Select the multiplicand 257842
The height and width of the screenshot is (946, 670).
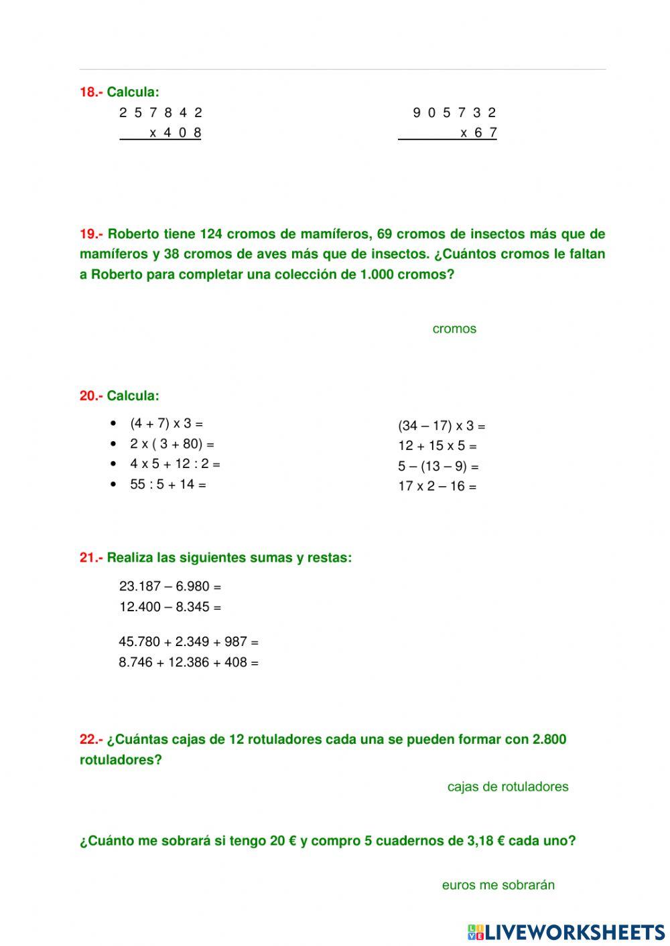click(x=161, y=112)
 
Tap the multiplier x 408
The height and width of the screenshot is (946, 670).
click(x=174, y=133)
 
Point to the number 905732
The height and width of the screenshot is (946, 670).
click(x=455, y=112)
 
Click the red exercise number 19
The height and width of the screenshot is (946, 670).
click(x=90, y=234)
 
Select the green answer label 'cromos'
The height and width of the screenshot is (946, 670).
click(x=454, y=329)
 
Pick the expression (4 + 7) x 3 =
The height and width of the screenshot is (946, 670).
click(x=166, y=423)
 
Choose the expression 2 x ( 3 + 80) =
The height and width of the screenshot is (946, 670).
click(x=172, y=444)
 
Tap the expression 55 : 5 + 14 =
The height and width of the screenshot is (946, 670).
click(x=167, y=484)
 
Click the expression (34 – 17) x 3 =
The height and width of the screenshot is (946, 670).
click(x=442, y=426)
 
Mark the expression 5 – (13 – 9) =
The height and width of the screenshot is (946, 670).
click(x=438, y=466)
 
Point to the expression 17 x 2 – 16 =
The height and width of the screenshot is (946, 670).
click(x=437, y=486)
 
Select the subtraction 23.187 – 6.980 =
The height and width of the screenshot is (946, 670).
click(x=170, y=586)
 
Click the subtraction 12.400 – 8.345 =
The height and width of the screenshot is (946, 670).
click(x=170, y=607)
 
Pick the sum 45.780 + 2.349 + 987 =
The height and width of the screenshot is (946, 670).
click(x=188, y=642)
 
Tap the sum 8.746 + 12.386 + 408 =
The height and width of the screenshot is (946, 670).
click(x=188, y=663)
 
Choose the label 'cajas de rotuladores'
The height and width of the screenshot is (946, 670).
click(x=508, y=787)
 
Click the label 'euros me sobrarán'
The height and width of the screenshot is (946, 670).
click(x=498, y=885)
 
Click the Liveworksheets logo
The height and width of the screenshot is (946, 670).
click(x=566, y=931)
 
